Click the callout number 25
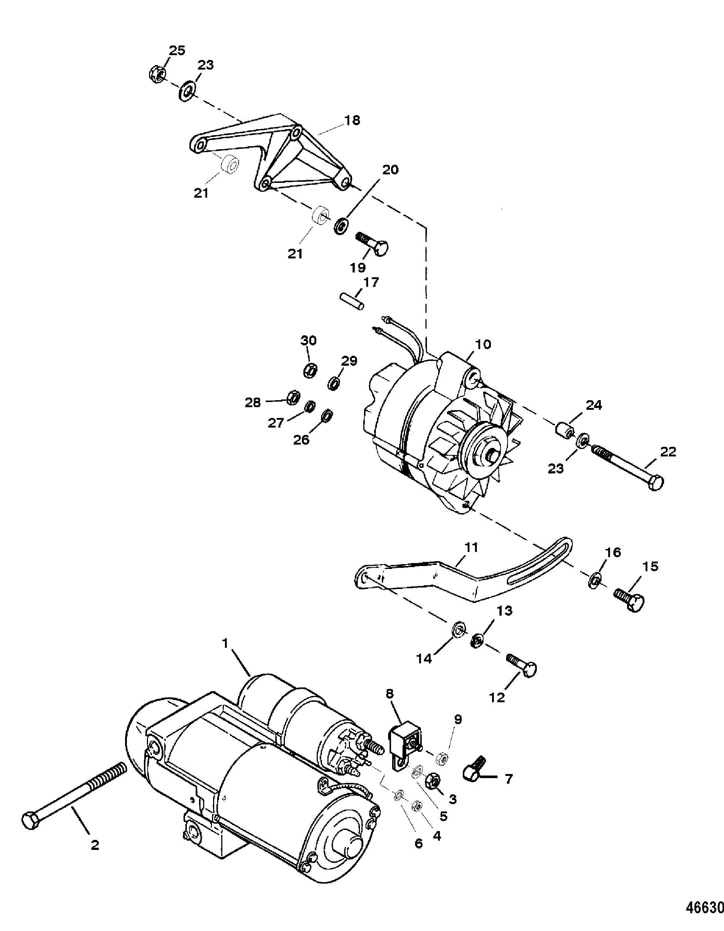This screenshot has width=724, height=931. click(177, 50)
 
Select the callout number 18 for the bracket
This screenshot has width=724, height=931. click(353, 120)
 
